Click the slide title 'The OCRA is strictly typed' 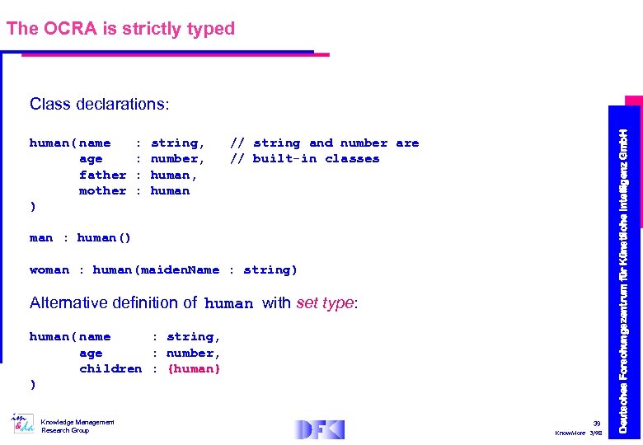tap(120, 29)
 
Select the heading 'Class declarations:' tap(99, 105)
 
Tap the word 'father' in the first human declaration tap(102, 175)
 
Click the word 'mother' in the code tap(102, 190)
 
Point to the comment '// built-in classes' tap(304, 159)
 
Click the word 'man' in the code tap(41, 238)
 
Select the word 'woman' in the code tap(49, 270)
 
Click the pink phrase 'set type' tap(325, 302)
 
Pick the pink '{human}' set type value tap(194, 368)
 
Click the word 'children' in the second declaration tap(110, 368)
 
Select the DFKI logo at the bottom tap(319, 429)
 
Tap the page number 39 tap(597, 421)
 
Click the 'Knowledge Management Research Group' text tap(77, 426)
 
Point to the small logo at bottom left tap(22, 424)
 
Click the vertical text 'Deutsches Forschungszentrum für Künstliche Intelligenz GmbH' tap(624, 280)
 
